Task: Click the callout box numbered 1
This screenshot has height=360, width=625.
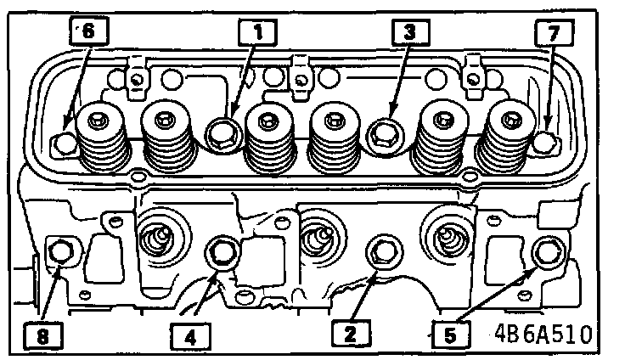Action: click(x=256, y=33)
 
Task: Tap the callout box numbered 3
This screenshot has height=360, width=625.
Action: click(x=409, y=33)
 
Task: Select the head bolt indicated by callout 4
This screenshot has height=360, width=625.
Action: click(x=222, y=252)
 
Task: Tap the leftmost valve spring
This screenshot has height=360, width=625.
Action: click(x=101, y=136)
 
